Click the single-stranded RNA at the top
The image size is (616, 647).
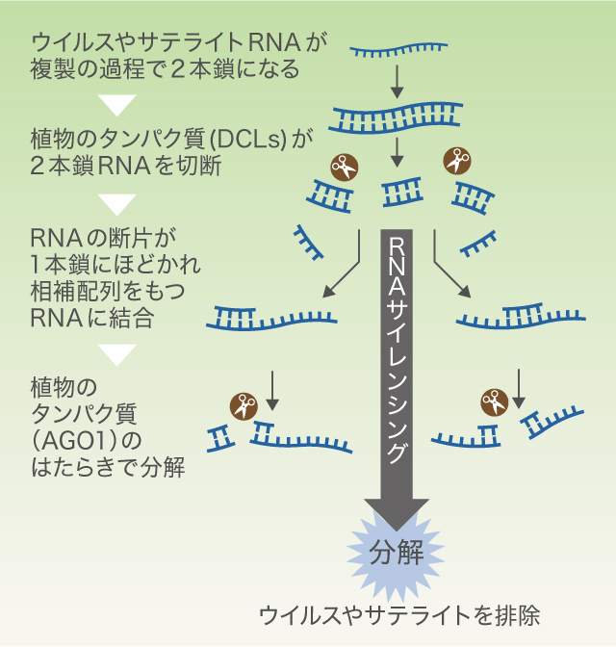pyautogui.click(x=399, y=49)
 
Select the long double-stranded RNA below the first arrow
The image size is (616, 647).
pyautogui.click(x=397, y=118)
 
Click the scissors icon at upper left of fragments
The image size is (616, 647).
pyautogui.click(x=345, y=168)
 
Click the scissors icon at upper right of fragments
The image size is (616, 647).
pyautogui.click(x=457, y=161)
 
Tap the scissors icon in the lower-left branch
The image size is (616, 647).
pyautogui.click(x=244, y=406)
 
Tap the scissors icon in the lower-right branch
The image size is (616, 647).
pyautogui.click(x=495, y=401)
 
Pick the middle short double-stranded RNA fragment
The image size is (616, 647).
pyautogui.click(x=402, y=192)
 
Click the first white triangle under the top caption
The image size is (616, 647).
pyautogui.click(x=117, y=105)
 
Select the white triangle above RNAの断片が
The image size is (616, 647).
pyautogui.click(x=117, y=204)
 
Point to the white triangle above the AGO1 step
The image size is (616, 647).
pyautogui.click(x=117, y=355)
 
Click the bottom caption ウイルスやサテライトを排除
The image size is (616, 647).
pyautogui.click(x=399, y=615)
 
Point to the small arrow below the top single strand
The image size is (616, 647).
pyautogui.click(x=397, y=81)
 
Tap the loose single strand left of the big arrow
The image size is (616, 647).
pyautogui.click(x=309, y=243)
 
